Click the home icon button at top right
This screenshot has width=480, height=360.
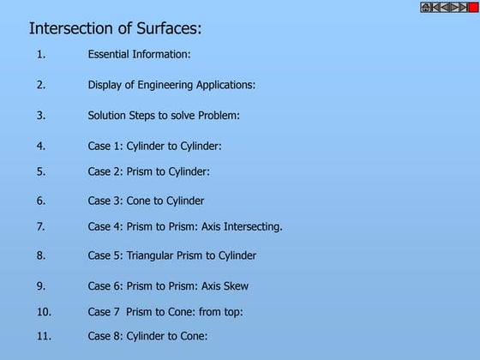click(426, 8)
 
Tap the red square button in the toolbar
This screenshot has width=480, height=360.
click(473, 8)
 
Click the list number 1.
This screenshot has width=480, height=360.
click(40, 54)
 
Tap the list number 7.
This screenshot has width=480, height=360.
click(40, 227)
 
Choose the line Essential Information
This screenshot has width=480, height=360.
click(139, 54)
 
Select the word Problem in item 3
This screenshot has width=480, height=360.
click(219, 115)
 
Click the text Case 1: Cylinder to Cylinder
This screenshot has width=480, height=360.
click(154, 146)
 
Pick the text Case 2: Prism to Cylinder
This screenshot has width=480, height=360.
click(148, 171)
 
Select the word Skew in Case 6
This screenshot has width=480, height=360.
click(236, 286)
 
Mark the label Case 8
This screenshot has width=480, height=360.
click(105, 336)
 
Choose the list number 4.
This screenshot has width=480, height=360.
click(40, 146)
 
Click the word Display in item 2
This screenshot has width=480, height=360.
click(106, 85)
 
